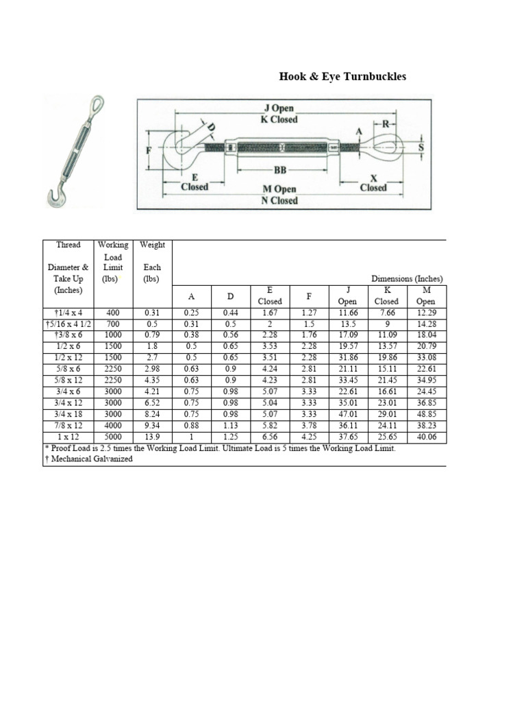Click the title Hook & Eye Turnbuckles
(342, 77)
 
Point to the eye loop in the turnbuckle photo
(94, 104)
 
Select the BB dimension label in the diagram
(279, 171)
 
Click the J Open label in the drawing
(279, 108)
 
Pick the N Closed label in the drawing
(279, 201)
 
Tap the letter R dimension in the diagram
(385, 125)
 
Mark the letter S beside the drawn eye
(421, 147)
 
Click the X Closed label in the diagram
(373, 182)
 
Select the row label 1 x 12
(68, 437)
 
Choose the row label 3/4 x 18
(68, 415)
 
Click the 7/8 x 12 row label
(68, 426)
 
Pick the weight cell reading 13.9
(152, 437)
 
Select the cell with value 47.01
(348, 415)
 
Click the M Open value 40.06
(426, 437)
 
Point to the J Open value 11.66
(348, 313)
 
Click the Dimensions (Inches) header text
(407, 279)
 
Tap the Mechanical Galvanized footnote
(89, 459)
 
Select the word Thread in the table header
(68, 245)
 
